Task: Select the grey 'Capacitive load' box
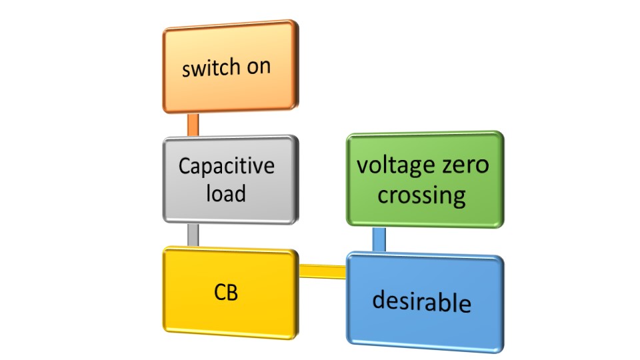coord(229,179)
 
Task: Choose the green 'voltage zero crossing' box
coord(425,179)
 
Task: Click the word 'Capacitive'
coord(226,165)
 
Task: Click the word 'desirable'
coord(421,301)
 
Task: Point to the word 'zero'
coord(464,165)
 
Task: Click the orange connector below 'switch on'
coord(193,125)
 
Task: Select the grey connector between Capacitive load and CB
coord(193,235)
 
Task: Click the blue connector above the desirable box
coord(379,239)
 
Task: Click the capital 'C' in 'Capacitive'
coord(185,165)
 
